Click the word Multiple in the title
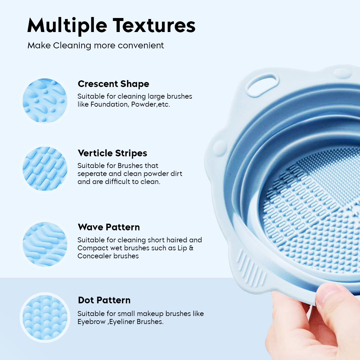(x=67, y=25)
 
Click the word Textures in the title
(x=154, y=25)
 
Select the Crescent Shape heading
(x=113, y=84)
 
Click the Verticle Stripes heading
(x=112, y=153)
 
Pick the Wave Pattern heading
(x=109, y=227)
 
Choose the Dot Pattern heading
(x=104, y=300)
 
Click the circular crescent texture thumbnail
(x=45, y=100)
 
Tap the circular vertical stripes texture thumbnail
(x=45, y=168)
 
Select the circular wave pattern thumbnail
(x=45, y=244)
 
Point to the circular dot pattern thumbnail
(x=45, y=317)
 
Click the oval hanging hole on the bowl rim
(x=262, y=84)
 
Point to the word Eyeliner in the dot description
(x=122, y=322)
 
